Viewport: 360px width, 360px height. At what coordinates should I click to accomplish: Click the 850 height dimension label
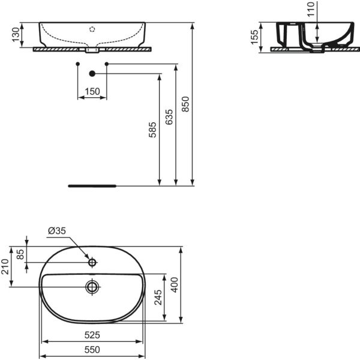click(x=185, y=104)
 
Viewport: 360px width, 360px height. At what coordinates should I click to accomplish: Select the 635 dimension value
click(x=169, y=117)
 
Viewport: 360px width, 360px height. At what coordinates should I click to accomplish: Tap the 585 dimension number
click(x=152, y=130)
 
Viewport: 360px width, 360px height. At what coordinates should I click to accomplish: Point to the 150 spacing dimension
click(x=92, y=91)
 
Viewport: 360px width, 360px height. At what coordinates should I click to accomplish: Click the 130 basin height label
click(x=16, y=35)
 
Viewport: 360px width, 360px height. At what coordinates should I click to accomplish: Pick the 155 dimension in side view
click(x=254, y=37)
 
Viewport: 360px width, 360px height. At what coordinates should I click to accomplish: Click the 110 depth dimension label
click(x=311, y=9)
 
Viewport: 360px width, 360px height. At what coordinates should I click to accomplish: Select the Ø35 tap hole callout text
click(x=57, y=231)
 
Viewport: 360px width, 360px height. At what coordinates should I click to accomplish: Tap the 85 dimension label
click(x=20, y=254)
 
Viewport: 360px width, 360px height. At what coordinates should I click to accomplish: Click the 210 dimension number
click(x=5, y=266)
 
